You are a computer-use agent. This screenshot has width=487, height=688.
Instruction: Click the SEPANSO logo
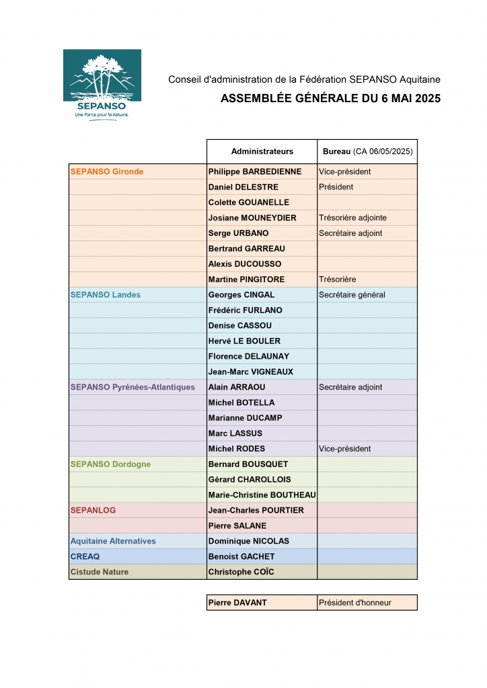pyautogui.click(x=102, y=85)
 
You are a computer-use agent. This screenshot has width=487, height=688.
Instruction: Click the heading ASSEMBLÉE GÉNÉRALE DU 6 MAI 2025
pyautogui.click(x=330, y=99)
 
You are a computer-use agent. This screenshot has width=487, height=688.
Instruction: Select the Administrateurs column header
pyautogui.click(x=262, y=152)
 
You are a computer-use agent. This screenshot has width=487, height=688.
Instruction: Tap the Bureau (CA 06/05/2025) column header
pyautogui.click(x=367, y=152)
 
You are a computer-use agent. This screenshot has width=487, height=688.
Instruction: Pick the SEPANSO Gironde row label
pyautogui.click(x=107, y=171)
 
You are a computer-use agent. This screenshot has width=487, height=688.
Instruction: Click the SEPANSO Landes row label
pyautogui.click(x=106, y=295)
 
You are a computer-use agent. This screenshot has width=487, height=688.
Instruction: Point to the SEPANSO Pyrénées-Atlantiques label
pyautogui.click(x=133, y=387)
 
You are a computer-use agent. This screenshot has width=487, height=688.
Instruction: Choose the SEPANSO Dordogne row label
pyautogui.click(x=110, y=464)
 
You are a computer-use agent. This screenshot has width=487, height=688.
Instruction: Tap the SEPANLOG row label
pyautogui.click(x=93, y=511)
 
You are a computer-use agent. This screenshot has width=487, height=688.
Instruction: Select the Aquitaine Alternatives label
pyautogui.click(x=113, y=541)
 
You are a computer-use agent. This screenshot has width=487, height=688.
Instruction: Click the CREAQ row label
pyautogui.click(x=85, y=556)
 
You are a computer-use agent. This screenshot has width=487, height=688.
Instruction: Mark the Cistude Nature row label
pyautogui.click(x=100, y=572)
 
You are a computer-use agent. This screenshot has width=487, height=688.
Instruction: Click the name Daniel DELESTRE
pyautogui.click(x=243, y=187)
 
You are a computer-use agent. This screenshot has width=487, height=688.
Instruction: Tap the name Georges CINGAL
pyautogui.click(x=241, y=295)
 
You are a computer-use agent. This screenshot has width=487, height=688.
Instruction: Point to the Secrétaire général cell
pyautogui.click(x=352, y=295)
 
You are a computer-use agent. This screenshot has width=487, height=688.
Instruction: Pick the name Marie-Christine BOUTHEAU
pyautogui.click(x=262, y=495)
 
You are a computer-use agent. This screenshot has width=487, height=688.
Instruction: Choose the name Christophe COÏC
pyautogui.click(x=241, y=572)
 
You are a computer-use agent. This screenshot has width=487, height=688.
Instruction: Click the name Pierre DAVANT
pyautogui.click(x=237, y=603)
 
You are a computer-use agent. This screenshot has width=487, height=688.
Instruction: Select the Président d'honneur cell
pyautogui.click(x=355, y=603)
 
